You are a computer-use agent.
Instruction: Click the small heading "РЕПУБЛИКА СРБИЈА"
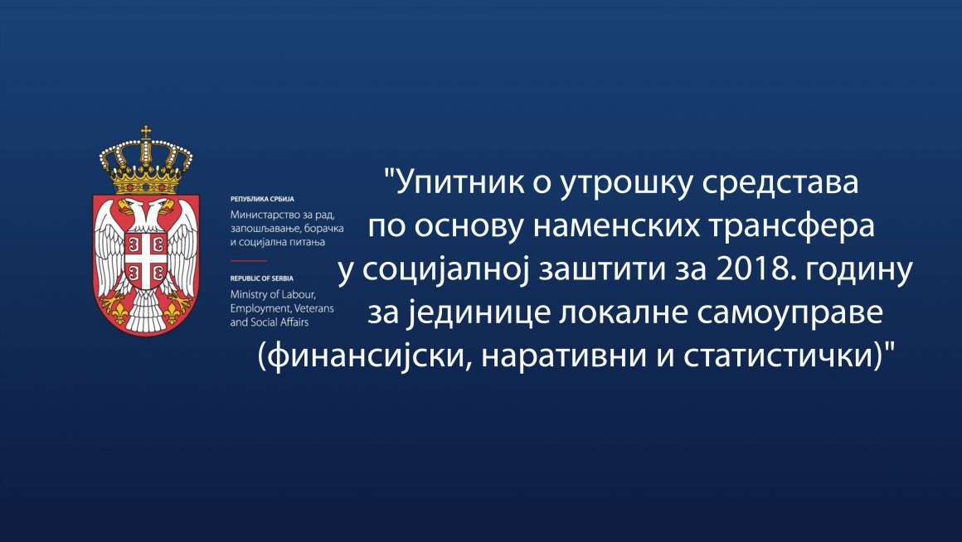coord(262,199)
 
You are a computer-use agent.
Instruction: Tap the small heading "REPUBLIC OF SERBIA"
coord(262,278)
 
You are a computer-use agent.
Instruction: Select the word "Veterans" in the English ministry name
coord(314,308)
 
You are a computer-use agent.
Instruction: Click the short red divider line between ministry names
coord(249,260)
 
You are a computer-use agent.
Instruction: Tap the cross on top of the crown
coord(146,131)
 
